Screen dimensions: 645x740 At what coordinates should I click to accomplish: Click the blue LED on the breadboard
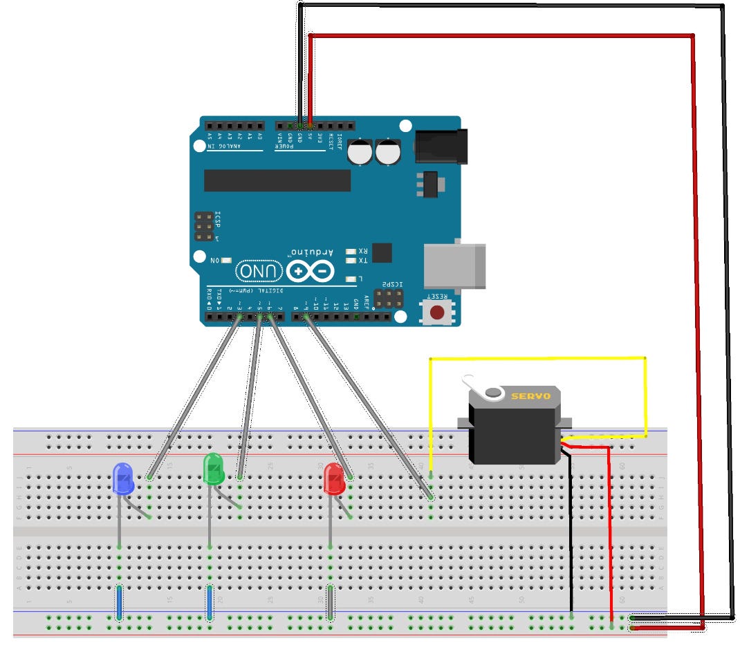point(122,479)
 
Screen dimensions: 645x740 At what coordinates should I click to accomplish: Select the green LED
point(213,469)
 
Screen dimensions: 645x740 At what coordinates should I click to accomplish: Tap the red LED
point(334,479)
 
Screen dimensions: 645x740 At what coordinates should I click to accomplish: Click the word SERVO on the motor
point(530,396)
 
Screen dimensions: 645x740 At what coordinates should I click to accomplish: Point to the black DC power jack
point(437,147)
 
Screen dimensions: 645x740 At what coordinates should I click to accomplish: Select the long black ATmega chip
point(277,180)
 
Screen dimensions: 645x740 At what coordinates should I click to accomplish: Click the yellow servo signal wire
point(539,358)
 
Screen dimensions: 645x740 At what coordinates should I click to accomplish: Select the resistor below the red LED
point(331,601)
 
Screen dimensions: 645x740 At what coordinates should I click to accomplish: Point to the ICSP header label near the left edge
point(217,224)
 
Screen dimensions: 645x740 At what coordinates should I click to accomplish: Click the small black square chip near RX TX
point(381,252)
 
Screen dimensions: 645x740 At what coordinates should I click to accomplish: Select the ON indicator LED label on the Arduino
point(214,260)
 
